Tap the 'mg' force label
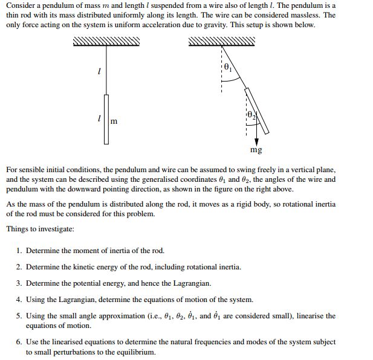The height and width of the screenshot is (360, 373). click(x=256, y=149)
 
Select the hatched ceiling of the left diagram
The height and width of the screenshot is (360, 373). click(x=106, y=41)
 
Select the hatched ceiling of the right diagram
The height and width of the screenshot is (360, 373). click(x=222, y=41)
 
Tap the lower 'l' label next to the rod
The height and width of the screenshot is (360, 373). click(x=99, y=118)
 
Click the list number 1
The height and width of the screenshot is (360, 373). click(x=19, y=251)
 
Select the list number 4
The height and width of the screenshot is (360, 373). click(x=19, y=300)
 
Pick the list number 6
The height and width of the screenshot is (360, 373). click(x=19, y=342)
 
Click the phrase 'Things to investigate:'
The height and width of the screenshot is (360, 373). click(x=40, y=229)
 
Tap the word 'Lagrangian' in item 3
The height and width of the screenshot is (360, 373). click(x=191, y=283)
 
